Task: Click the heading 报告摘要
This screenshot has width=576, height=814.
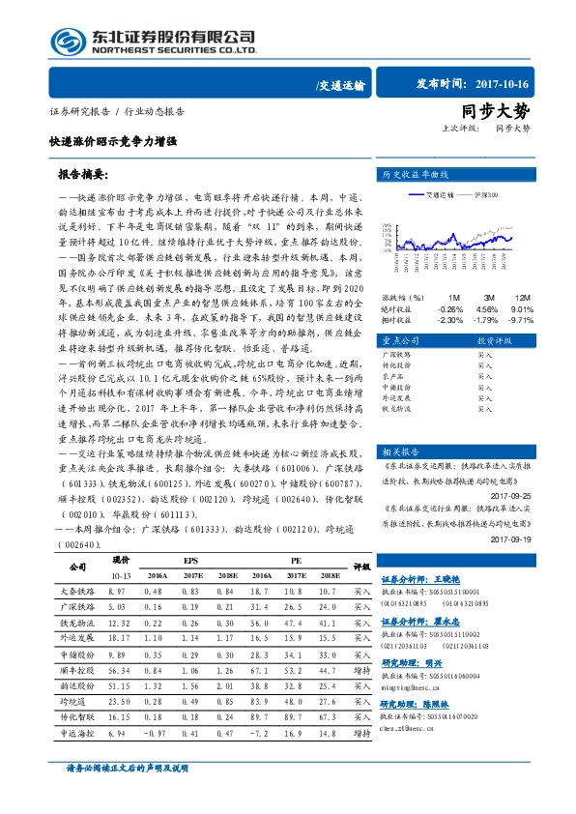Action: click(85, 177)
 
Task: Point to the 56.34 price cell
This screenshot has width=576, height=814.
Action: click(119, 669)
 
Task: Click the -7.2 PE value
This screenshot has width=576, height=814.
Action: click(257, 734)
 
